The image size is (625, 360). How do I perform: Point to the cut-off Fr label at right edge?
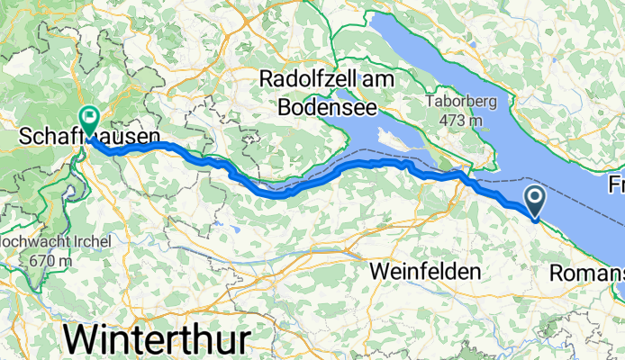[616, 184]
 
